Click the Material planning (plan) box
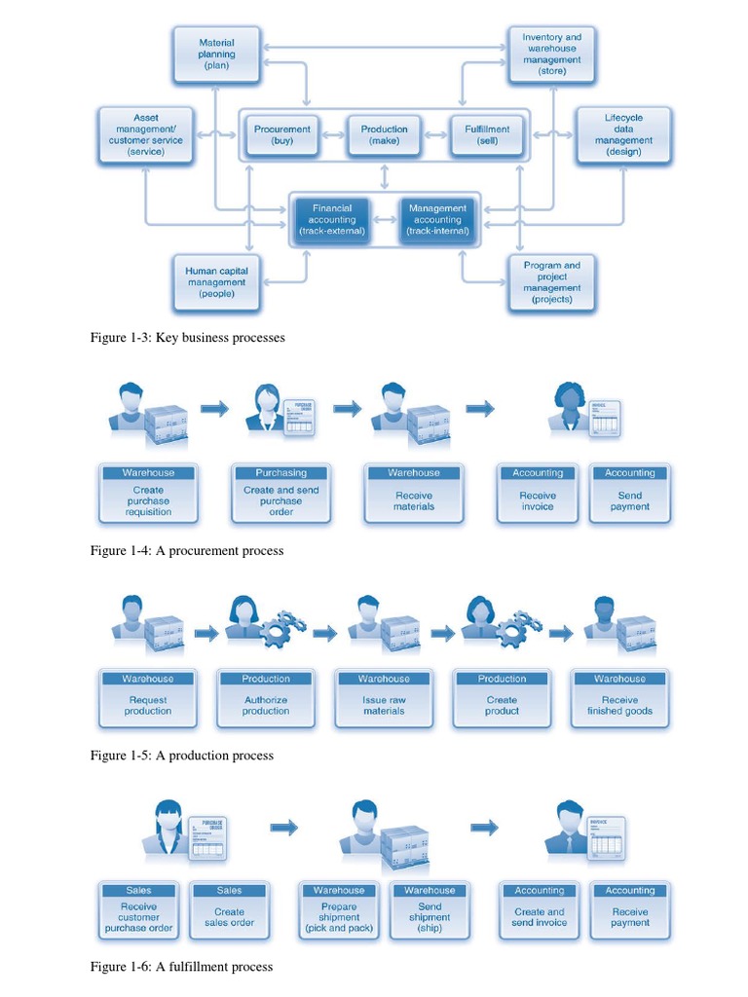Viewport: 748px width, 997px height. point(217,55)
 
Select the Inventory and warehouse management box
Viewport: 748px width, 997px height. point(552,55)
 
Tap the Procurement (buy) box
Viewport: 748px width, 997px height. point(282,134)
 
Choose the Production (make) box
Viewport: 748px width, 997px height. point(385,134)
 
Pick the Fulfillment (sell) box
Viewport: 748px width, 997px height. point(487,134)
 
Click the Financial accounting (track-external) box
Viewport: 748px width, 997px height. point(332,220)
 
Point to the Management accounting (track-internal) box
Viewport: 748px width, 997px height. point(438,220)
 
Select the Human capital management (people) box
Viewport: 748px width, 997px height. point(217,282)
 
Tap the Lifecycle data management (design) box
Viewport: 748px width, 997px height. point(623,134)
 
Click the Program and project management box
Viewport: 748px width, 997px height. point(552,282)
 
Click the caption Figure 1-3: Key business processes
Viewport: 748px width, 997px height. point(187,338)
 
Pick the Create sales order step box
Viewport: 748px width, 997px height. point(230,911)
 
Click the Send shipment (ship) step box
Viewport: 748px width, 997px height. point(430,911)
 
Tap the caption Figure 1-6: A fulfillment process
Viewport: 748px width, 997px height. point(181,967)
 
